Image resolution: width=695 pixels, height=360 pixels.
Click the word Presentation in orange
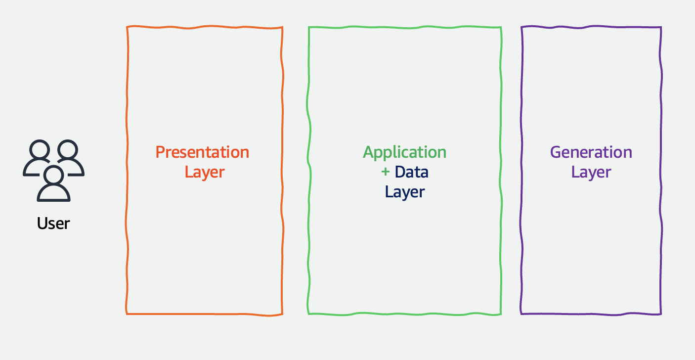pos(202,152)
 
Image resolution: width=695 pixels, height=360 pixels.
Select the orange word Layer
pos(204,172)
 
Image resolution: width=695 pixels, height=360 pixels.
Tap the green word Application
pos(404,152)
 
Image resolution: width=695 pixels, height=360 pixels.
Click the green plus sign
pos(386,172)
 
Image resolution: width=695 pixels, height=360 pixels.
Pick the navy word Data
pos(411,172)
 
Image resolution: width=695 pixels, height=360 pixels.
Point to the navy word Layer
pos(405,192)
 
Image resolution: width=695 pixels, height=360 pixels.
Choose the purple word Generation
pos(591,152)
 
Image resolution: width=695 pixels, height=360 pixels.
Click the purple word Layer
pos(591,172)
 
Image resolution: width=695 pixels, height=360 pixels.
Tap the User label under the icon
pos(53,223)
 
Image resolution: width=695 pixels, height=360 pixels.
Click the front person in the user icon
pos(53,185)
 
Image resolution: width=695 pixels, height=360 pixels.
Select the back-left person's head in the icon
pos(39,151)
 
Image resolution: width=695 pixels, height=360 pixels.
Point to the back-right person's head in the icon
pos(68,151)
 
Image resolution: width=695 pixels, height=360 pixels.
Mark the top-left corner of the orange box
pos(128,27)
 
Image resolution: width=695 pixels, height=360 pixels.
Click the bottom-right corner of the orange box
pos(282,314)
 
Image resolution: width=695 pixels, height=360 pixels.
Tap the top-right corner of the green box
pos(501,27)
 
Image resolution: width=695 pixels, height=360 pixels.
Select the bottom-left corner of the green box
pos(308,313)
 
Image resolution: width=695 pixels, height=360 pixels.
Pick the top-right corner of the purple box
pos(661,28)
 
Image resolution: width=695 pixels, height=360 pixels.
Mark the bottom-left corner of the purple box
pos(521,313)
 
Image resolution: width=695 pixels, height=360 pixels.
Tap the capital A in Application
pos(368,152)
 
